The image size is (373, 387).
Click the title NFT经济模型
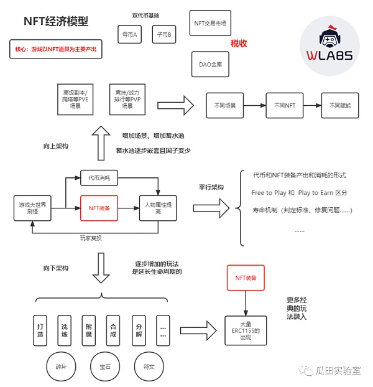[x=56, y=22]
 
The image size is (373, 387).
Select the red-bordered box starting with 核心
[x=56, y=49]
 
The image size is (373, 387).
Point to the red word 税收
[x=239, y=43]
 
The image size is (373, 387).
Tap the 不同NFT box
[x=285, y=106]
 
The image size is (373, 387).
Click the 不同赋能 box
[x=340, y=106]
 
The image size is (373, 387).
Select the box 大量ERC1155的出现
[x=246, y=329]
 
